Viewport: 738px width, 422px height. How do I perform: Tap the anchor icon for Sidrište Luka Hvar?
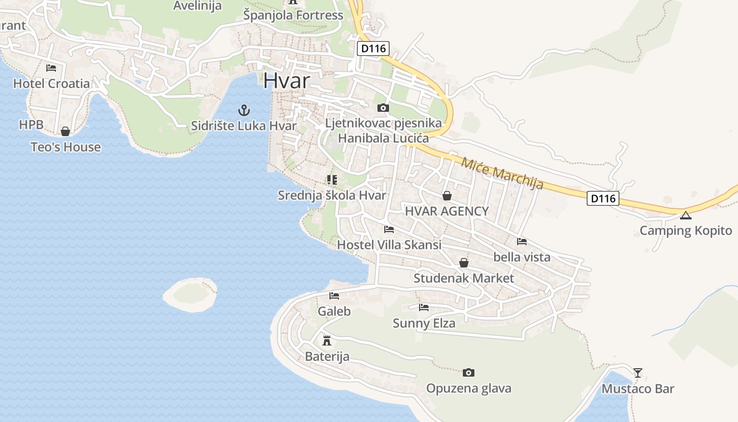click(x=244, y=110)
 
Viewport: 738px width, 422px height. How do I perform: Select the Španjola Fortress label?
click(x=293, y=15)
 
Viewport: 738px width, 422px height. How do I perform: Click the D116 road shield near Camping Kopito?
click(x=603, y=199)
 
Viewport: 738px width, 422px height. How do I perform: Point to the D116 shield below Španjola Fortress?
click(x=373, y=49)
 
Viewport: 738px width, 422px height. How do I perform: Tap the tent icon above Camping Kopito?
click(x=685, y=215)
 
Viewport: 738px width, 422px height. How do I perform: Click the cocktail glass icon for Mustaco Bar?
click(x=638, y=373)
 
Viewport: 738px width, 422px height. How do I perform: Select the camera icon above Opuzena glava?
click(x=468, y=373)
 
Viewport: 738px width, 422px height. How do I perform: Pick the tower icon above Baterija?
click(x=327, y=340)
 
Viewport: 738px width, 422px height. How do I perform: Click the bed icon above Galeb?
click(x=334, y=296)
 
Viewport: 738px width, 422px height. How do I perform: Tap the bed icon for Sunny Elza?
click(x=424, y=308)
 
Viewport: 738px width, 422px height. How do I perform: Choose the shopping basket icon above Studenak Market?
click(x=464, y=263)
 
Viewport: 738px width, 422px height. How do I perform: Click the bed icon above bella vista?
click(x=522, y=242)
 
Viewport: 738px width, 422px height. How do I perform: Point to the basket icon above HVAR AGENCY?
click(x=447, y=196)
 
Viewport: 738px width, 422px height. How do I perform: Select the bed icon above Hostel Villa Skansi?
click(x=389, y=229)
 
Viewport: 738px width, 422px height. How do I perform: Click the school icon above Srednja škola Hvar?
click(x=332, y=180)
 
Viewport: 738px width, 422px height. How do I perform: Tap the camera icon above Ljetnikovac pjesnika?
click(x=383, y=108)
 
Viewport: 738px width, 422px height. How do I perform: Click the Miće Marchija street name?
click(x=502, y=172)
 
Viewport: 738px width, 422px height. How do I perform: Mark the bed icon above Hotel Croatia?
click(x=51, y=68)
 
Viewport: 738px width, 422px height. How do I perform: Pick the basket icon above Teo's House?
click(x=65, y=131)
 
